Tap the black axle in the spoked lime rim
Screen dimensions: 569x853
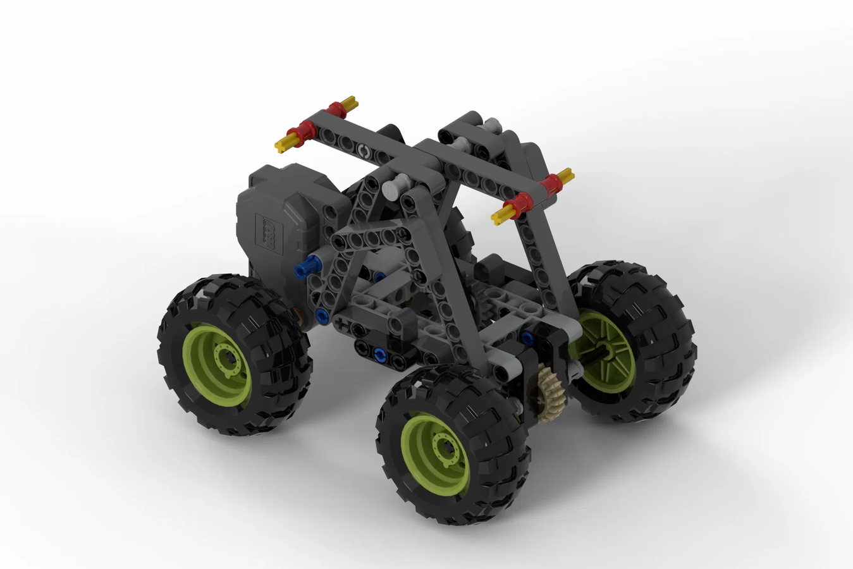(598, 352)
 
